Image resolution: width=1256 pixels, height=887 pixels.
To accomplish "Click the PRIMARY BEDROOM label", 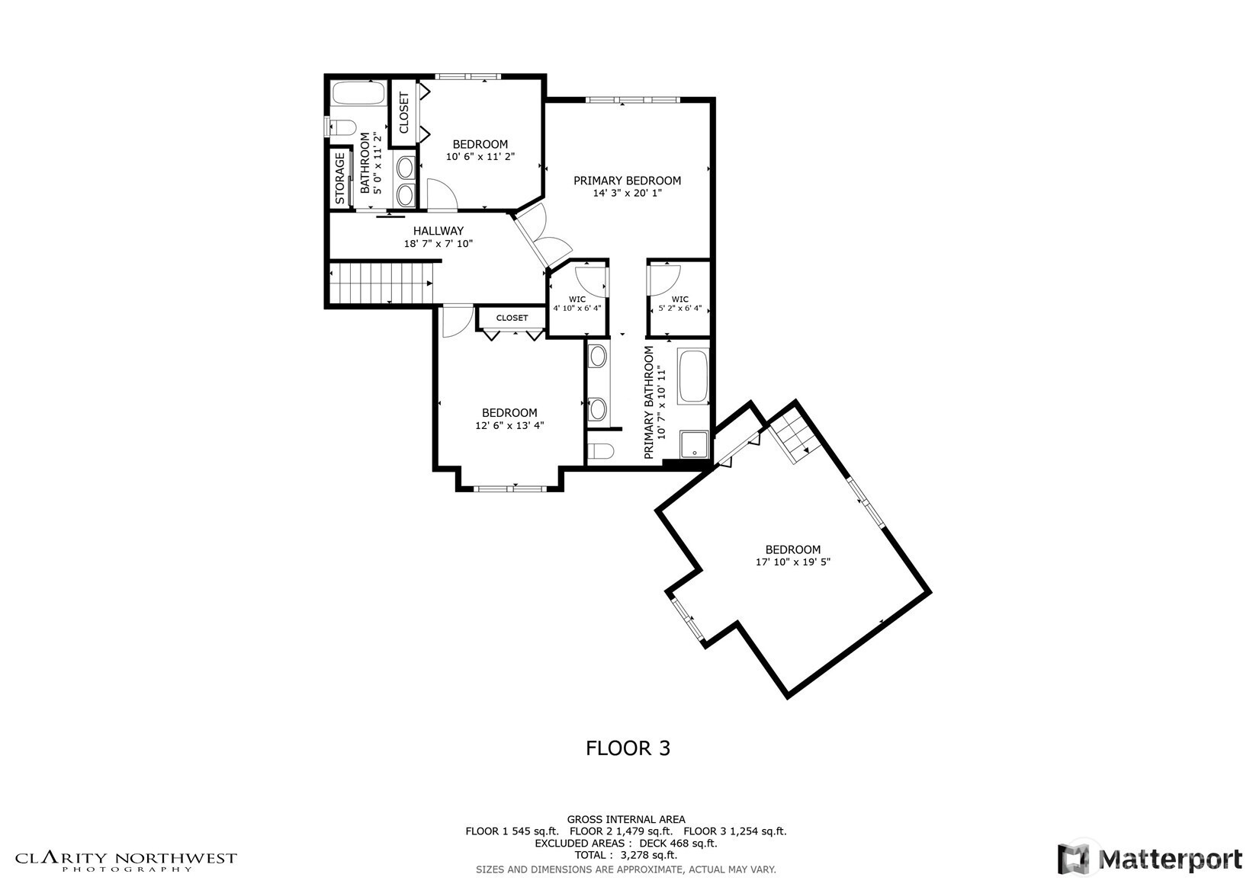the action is (627, 181).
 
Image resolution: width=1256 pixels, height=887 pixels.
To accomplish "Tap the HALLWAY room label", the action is (438, 231).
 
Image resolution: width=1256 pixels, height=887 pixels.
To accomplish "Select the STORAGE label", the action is (340, 179).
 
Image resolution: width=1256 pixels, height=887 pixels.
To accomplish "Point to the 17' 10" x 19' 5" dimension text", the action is (793, 562).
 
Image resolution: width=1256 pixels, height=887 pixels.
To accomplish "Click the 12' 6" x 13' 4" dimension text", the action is (509, 425).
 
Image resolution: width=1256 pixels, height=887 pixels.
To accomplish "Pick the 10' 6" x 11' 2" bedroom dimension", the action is (480, 157).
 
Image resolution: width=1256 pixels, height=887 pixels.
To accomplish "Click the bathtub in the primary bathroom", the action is (693, 376).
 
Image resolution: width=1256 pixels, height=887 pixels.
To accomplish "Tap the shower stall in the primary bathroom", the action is (694, 443).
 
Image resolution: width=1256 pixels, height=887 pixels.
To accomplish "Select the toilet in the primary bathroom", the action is (600, 451).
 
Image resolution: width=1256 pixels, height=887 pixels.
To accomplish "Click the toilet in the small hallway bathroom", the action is (342, 127).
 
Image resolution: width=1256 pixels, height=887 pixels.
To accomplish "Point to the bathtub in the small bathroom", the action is (358, 93).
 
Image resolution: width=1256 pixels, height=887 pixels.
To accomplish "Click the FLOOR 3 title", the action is (628, 748).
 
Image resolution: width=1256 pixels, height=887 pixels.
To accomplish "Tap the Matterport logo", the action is (1150, 859).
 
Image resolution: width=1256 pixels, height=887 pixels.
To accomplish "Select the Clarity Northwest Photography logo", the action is (126, 861).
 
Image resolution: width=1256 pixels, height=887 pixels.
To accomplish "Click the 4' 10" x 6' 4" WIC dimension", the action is (577, 308).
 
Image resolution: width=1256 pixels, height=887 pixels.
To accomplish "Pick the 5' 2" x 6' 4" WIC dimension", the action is (680, 308).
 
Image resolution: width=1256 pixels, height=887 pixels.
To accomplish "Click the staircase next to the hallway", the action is (381, 283).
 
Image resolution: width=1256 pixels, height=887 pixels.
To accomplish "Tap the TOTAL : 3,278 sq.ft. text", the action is (626, 855).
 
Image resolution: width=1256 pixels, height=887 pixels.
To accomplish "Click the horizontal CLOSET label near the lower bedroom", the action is (512, 318).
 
